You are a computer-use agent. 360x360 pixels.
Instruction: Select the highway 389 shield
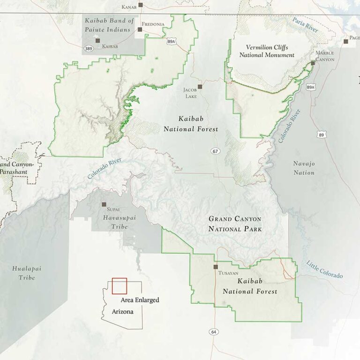[x=88, y=48]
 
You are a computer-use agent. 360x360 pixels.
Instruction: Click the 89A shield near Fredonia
[x=171, y=42]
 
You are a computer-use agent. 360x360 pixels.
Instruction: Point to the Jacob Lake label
[x=190, y=93]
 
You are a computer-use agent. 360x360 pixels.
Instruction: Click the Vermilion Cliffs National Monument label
[x=267, y=52]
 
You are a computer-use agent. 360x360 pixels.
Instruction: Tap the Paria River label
[x=305, y=24]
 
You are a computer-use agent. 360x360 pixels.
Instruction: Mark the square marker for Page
[x=346, y=42]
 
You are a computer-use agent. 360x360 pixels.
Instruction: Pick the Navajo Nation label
[x=304, y=168]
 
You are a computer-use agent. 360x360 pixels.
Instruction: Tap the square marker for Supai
[x=104, y=205]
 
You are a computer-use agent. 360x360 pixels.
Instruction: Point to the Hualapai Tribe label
[x=24, y=273]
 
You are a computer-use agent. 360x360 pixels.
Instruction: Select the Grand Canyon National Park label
[x=235, y=224]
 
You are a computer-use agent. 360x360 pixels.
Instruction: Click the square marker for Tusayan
[x=216, y=267]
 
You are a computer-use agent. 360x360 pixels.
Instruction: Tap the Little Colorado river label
[x=325, y=269]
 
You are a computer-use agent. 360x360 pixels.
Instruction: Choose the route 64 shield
[x=214, y=332]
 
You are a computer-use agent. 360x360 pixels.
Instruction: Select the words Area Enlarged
[x=140, y=300]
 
